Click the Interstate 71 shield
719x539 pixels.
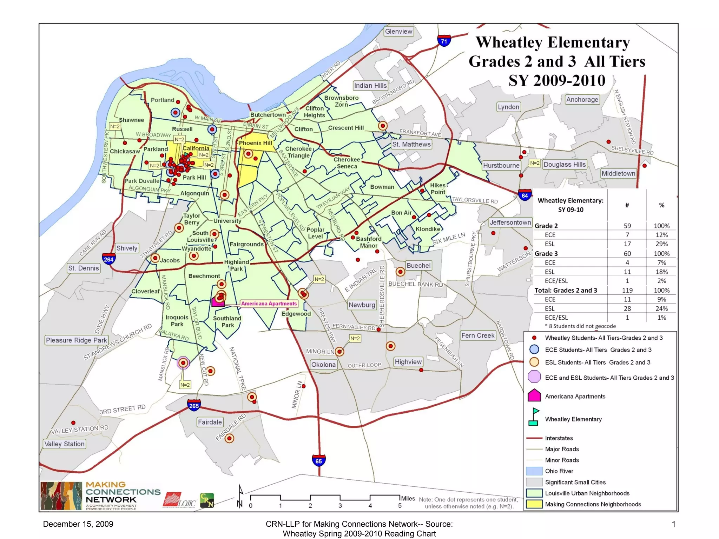point(444,41)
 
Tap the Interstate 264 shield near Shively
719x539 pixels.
point(108,259)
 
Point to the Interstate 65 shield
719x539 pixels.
point(318,461)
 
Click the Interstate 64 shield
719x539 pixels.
point(525,195)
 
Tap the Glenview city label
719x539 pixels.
point(398,32)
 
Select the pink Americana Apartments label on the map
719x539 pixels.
point(269,304)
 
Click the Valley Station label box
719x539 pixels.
point(65,444)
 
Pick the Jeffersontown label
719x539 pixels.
point(510,222)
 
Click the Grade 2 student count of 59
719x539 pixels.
point(627,226)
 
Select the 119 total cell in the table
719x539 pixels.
point(627,290)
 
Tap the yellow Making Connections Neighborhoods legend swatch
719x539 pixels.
point(534,504)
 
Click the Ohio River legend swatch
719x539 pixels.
point(534,471)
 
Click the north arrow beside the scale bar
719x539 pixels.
point(240,496)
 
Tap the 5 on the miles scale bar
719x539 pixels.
point(400,506)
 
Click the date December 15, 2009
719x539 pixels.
point(78,524)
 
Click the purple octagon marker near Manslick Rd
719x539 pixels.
point(183,363)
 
